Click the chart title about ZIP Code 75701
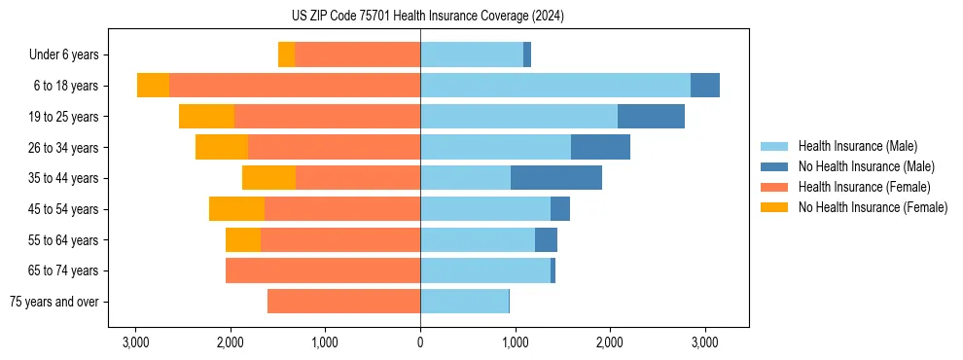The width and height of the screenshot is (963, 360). [481, 17]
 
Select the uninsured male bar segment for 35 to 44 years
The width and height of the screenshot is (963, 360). [556, 178]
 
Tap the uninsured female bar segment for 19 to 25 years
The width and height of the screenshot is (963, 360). [206, 117]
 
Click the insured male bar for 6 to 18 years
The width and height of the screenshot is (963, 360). [555, 86]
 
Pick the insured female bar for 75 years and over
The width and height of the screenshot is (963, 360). [343, 302]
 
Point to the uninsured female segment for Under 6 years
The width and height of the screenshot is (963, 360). [286, 54]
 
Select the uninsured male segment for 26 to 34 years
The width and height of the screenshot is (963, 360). [600, 147]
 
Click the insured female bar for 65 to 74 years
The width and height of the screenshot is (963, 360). [323, 270]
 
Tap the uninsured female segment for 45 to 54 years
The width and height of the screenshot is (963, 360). [236, 209]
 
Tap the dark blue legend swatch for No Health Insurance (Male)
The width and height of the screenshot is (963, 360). [774, 166]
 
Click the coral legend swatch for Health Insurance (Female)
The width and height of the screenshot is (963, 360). [774, 187]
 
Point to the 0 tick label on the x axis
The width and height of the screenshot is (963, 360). [420, 342]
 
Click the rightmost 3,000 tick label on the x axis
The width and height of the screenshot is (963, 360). [704, 342]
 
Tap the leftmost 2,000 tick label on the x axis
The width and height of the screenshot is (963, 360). [231, 342]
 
